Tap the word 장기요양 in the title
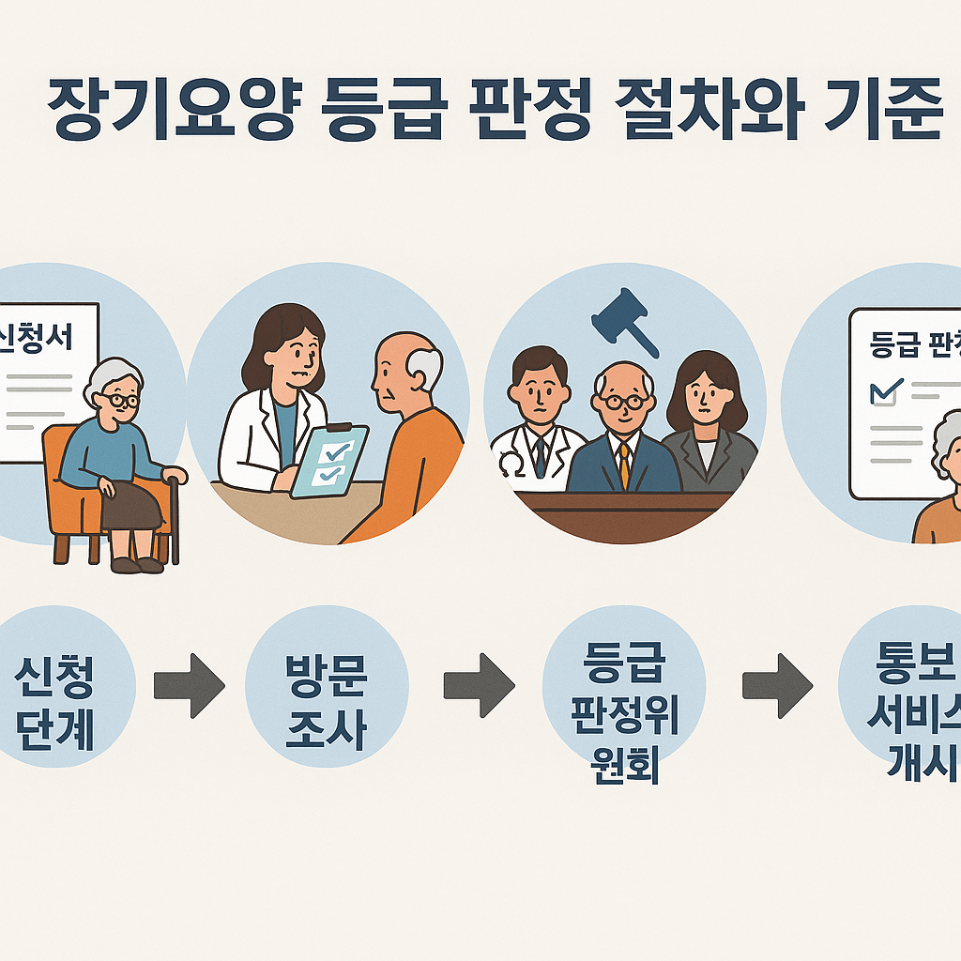click(x=169, y=111)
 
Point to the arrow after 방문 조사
click(x=479, y=686)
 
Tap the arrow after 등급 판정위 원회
click(x=777, y=686)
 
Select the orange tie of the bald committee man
click(x=624, y=464)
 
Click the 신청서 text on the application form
click(x=39, y=336)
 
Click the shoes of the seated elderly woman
click(x=137, y=565)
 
